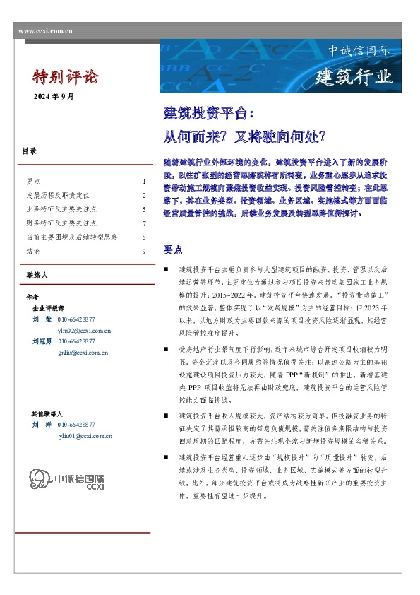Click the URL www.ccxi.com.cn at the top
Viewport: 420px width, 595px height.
click(x=44, y=31)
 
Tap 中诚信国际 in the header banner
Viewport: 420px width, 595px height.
click(x=359, y=52)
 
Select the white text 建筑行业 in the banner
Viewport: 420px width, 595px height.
click(x=354, y=76)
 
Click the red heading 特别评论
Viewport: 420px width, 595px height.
click(x=66, y=77)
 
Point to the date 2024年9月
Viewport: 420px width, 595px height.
click(x=54, y=96)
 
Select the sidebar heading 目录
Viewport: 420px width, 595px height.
click(x=29, y=151)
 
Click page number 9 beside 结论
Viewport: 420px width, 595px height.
click(x=143, y=251)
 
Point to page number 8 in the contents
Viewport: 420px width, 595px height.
click(x=143, y=237)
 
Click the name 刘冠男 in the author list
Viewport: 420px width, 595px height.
click(x=43, y=341)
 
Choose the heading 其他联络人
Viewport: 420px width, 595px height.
click(x=47, y=413)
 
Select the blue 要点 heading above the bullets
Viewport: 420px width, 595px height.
click(x=173, y=249)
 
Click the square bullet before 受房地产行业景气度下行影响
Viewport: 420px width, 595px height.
click(x=166, y=350)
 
